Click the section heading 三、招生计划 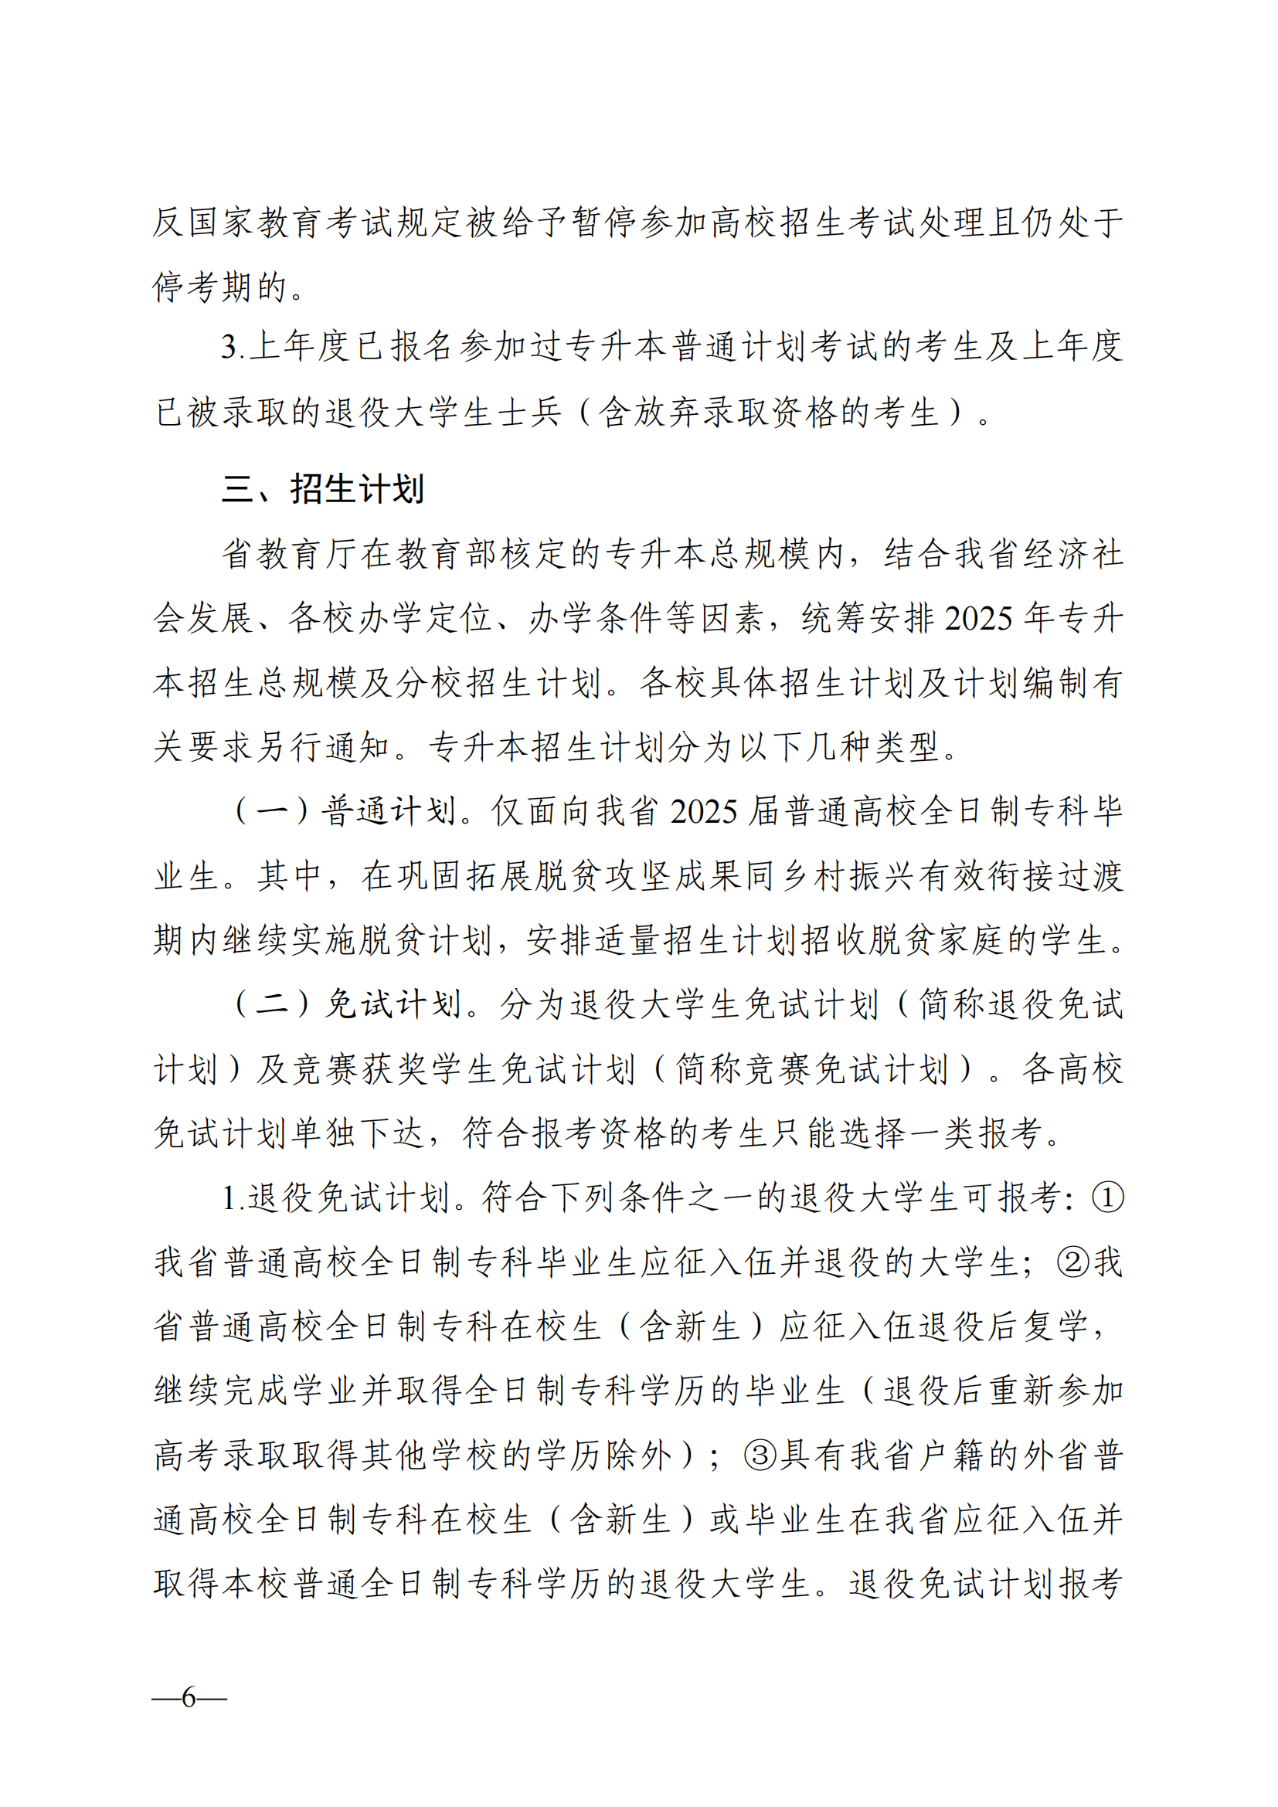pyautogui.click(x=323, y=489)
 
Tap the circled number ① pyautogui.click(x=1107, y=1198)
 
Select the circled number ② pyautogui.click(x=1072, y=1262)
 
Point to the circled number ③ pyautogui.click(x=760, y=1455)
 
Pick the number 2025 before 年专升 pyautogui.click(x=978, y=619)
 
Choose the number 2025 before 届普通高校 pyautogui.click(x=705, y=812)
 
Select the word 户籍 pyautogui.click(x=953, y=1455)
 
